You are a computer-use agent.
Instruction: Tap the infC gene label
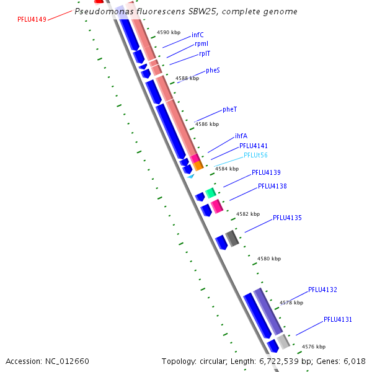coord(197,35)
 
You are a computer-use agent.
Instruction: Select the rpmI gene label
coord(201,44)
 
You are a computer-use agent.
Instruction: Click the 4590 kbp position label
coord(169,32)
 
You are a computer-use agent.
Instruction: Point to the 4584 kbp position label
coord(227,169)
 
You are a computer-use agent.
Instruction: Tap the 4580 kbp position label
coord(269,259)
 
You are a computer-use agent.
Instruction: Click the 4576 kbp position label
coord(314,347)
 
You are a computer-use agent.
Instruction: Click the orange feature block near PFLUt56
coord(198,166)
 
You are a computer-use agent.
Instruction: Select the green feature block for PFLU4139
coord(211,193)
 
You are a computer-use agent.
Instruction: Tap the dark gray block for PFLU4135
coord(232,238)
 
